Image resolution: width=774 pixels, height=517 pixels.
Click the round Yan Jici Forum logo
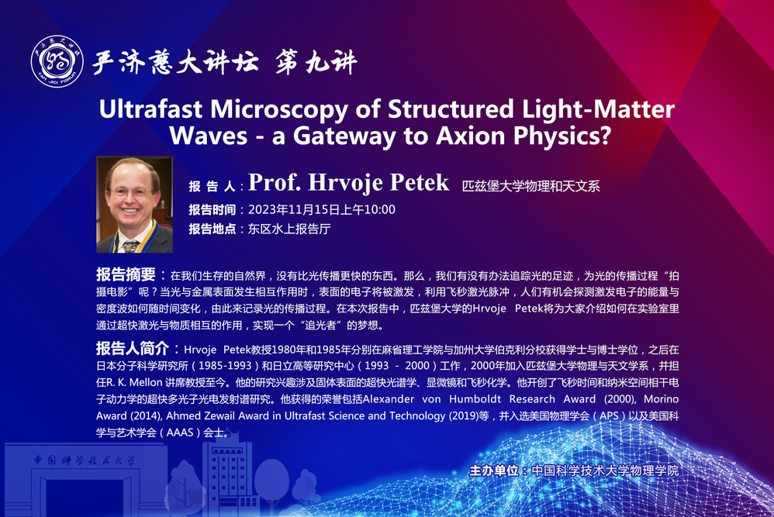(x=57, y=61)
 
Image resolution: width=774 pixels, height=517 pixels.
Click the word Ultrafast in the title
(x=150, y=109)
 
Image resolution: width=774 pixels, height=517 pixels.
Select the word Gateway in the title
(x=344, y=136)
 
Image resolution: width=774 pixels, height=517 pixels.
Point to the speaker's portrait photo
(x=134, y=204)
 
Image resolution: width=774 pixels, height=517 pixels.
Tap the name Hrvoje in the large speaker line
(x=345, y=182)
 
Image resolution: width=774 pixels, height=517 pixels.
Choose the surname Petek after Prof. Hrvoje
(x=419, y=182)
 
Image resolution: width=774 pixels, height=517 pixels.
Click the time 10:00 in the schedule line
(x=379, y=209)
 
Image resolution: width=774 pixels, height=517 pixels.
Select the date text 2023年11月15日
(x=294, y=209)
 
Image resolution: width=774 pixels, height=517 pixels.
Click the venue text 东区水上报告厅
(x=289, y=229)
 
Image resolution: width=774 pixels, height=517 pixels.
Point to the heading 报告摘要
(x=126, y=274)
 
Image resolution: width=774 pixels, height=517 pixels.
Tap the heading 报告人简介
(x=133, y=348)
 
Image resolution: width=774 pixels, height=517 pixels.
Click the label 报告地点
(x=213, y=229)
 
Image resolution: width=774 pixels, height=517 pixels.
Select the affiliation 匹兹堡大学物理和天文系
(x=530, y=186)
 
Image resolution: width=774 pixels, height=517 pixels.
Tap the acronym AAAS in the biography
(x=180, y=433)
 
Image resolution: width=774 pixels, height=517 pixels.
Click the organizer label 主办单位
(x=493, y=470)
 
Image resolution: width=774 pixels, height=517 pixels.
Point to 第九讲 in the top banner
(x=316, y=62)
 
